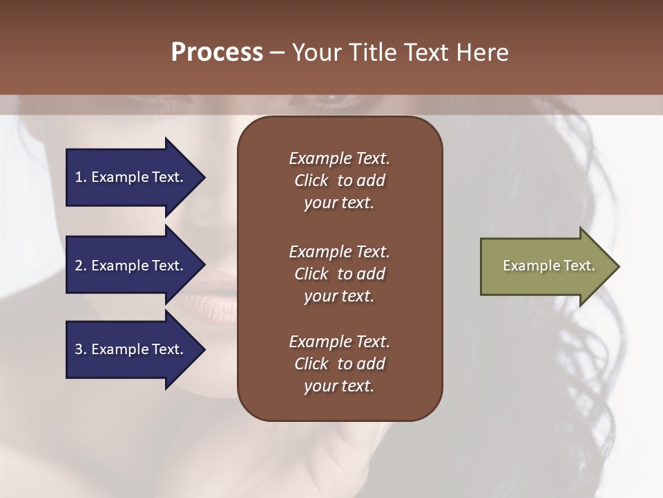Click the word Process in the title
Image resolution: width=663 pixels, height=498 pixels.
click(217, 53)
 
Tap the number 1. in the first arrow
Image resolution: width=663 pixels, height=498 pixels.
click(81, 177)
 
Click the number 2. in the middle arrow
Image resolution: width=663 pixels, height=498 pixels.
click(81, 266)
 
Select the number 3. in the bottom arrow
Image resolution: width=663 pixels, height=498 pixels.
click(81, 349)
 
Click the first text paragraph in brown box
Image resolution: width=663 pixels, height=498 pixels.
click(339, 181)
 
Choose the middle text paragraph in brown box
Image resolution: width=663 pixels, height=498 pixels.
click(339, 274)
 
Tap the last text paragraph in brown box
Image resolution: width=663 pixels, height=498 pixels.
click(339, 364)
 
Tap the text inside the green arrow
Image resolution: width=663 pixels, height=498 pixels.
click(548, 266)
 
